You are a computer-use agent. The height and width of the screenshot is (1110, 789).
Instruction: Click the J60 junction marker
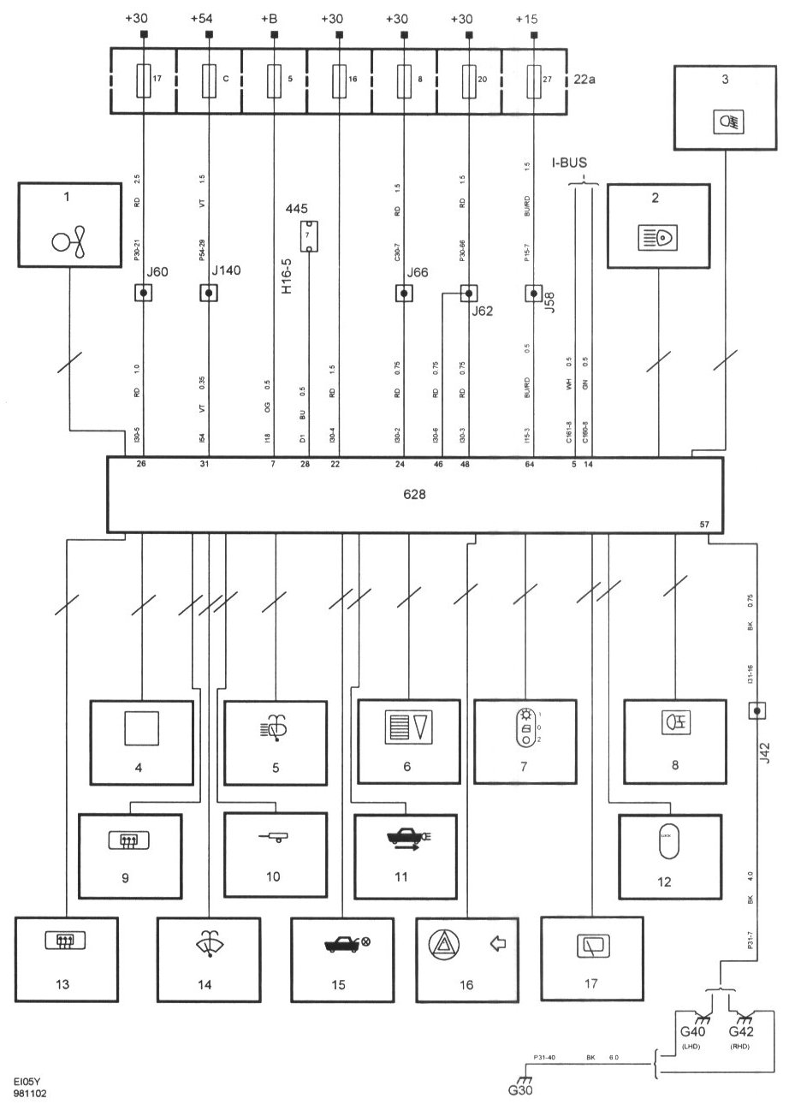point(144,294)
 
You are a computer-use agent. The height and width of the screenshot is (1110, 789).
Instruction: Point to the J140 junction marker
point(209,294)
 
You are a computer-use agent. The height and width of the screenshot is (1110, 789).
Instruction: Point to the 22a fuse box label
point(584,80)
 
